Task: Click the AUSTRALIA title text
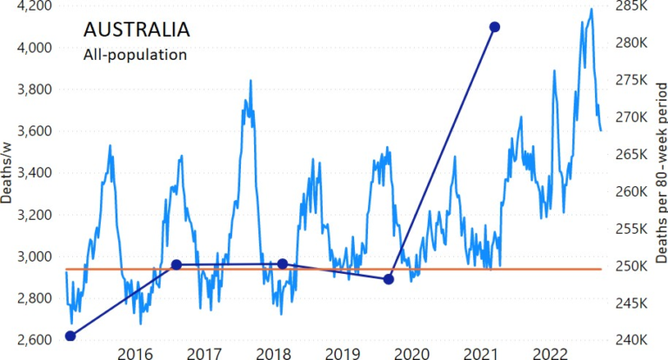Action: (137, 29)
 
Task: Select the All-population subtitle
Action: (135, 55)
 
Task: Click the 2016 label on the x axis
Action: (135, 352)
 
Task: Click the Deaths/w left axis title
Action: (8, 174)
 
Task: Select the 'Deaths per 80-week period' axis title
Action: (658, 174)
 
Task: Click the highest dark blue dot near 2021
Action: (494, 27)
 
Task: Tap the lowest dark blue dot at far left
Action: (70, 336)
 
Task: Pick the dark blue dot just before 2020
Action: (389, 279)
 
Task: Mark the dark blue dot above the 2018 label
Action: (282, 263)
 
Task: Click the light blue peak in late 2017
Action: (250, 81)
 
